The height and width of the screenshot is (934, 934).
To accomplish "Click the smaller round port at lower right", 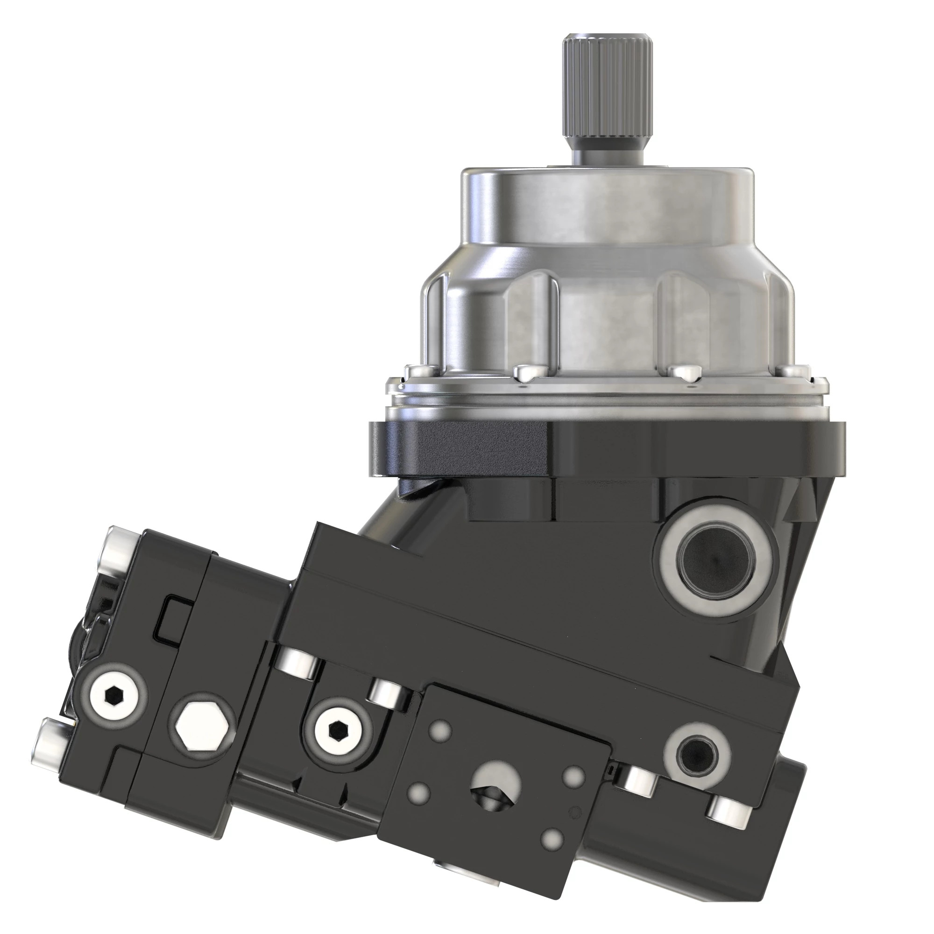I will [697, 754].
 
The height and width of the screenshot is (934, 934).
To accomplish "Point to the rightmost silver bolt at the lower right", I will [728, 813].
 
